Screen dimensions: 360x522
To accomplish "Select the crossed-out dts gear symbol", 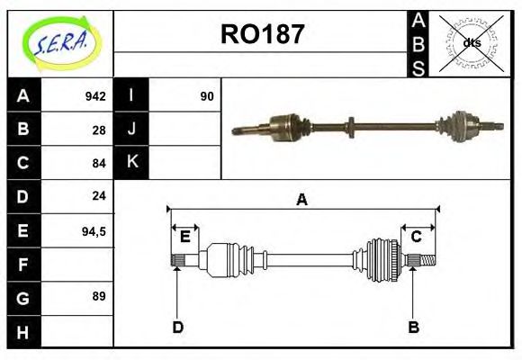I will (471, 43).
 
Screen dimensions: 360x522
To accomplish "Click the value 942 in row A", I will (95, 96).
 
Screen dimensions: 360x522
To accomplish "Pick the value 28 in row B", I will (99, 130).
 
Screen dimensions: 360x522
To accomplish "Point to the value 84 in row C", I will (99, 164).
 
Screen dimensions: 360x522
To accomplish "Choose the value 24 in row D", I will (99, 196).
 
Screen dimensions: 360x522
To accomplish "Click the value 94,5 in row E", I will (94, 231).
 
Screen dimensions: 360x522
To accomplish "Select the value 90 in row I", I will (207, 96).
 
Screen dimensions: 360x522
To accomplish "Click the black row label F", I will (22, 265).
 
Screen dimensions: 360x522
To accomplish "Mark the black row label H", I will (22, 331).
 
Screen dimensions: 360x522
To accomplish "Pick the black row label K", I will (131, 163).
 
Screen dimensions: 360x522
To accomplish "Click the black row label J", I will (131, 130).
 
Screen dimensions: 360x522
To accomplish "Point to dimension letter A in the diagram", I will (301, 200).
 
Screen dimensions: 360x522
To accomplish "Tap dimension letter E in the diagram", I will (184, 237).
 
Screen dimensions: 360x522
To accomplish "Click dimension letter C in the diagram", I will (416, 237).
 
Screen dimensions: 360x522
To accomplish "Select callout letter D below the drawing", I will (177, 327).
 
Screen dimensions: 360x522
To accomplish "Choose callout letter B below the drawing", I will (413, 327).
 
